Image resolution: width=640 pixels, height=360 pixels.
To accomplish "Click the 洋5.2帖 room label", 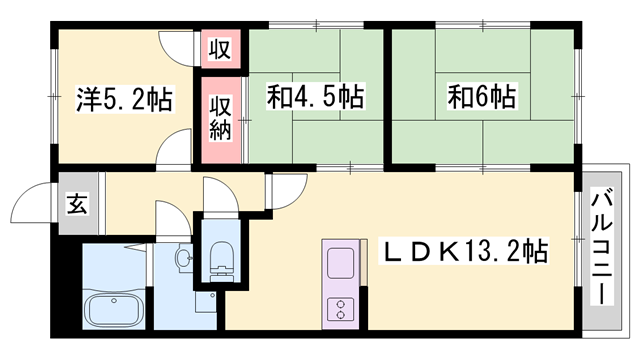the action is point(124,99).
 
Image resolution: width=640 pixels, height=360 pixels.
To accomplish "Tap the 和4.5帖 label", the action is point(315,96).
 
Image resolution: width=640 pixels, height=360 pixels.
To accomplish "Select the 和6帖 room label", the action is point(482,96).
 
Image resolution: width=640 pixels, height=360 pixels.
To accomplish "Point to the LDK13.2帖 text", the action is point(464,251).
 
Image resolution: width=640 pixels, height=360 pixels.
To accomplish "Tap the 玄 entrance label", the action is point(77,203).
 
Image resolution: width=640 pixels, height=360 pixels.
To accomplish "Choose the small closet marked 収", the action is point(220,49).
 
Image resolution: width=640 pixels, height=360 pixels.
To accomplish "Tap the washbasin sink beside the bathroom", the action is point(183,257).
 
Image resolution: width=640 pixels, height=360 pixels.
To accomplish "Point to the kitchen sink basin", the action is point(341,263).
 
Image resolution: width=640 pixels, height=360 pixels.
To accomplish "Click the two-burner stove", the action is point(341,309).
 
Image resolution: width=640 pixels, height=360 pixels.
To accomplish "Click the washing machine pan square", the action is point(206,302).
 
